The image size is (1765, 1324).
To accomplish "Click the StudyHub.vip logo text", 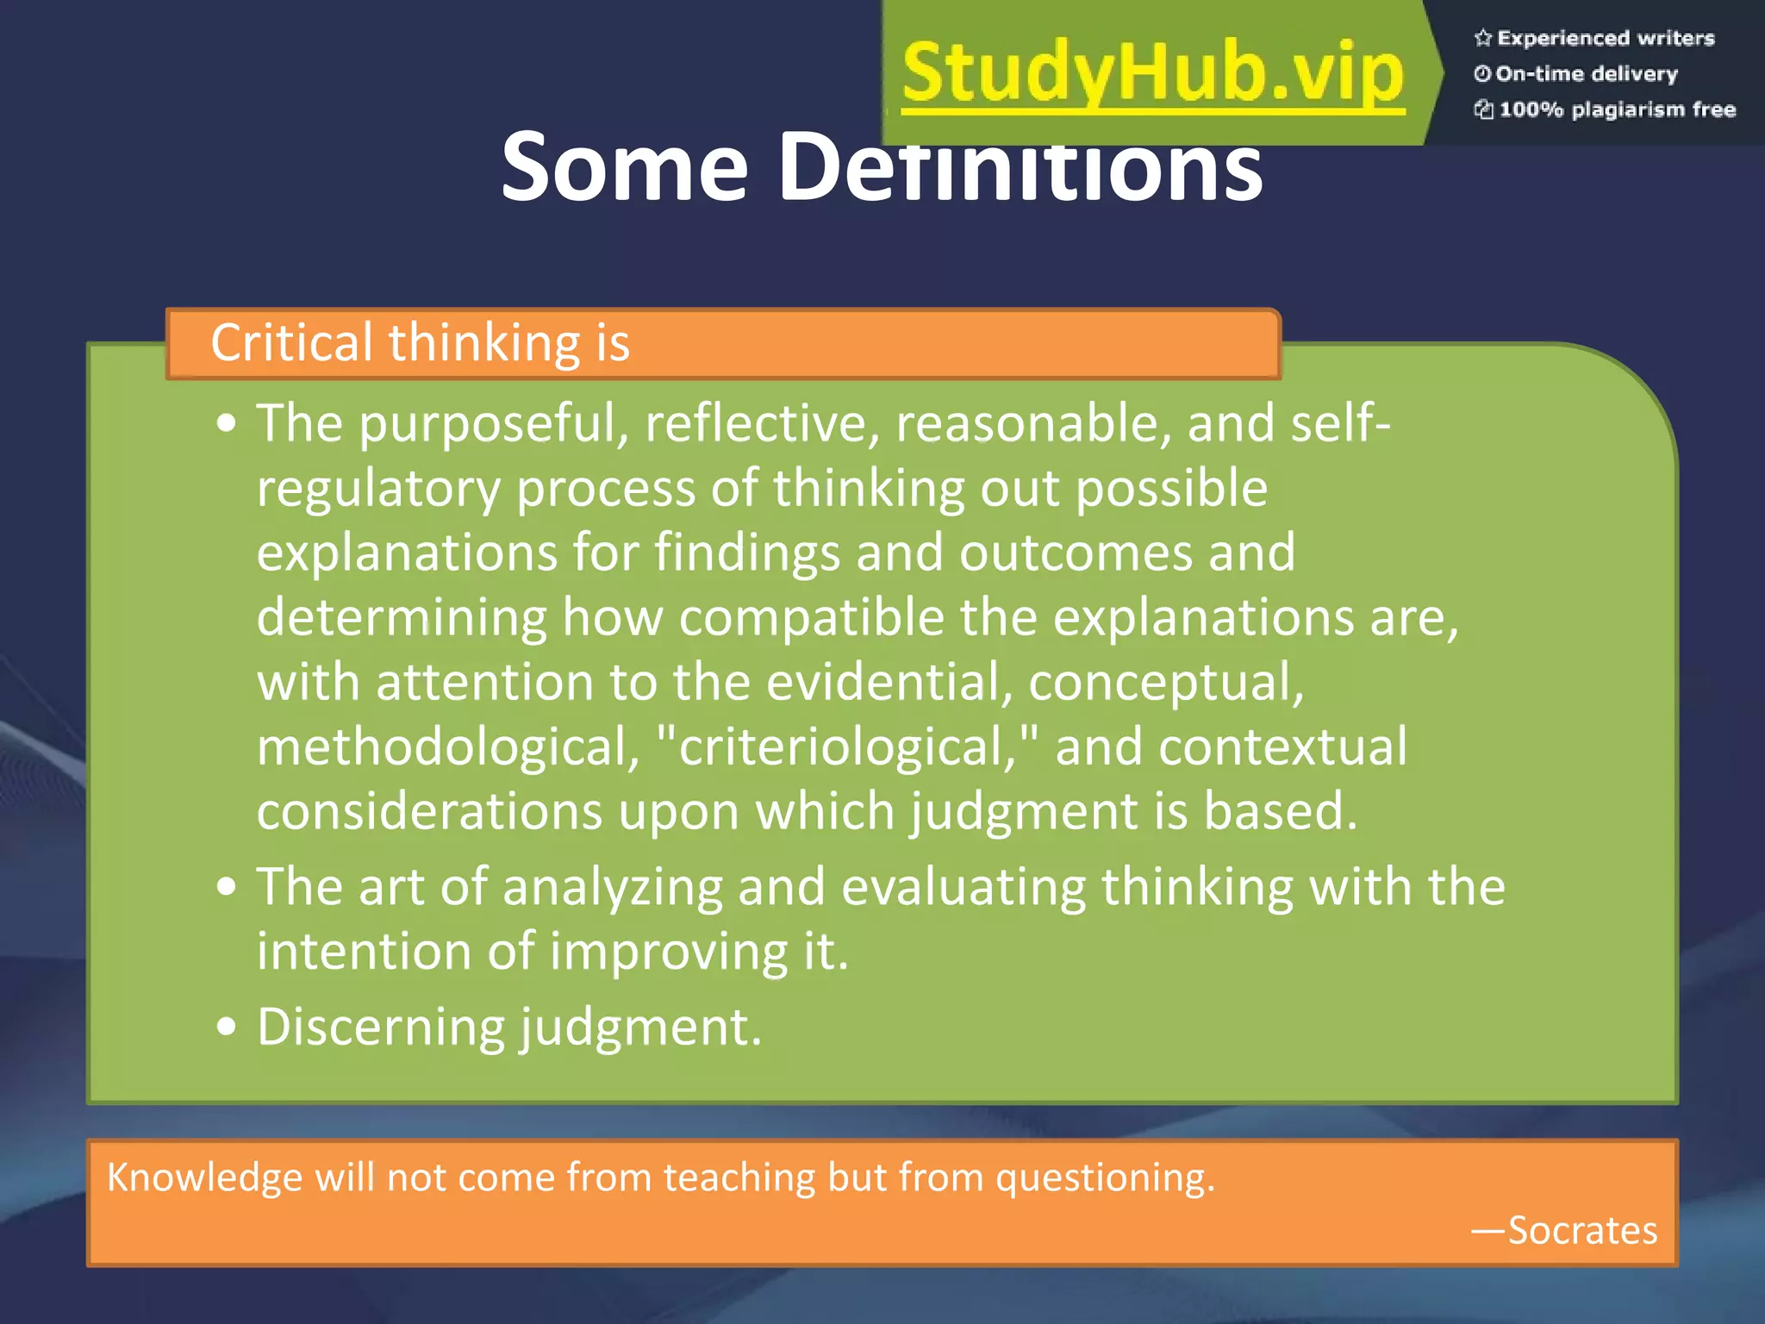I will click(x=1153, y=73).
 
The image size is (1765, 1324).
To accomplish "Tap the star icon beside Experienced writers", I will click(x=1482, y=38).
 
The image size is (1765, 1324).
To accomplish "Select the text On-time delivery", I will click(x=1586, y=74).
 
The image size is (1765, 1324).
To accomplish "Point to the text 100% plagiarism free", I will click(x=1617, y=109).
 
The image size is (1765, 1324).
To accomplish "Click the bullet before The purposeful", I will click(x=227, y=424).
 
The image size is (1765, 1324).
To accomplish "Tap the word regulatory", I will click(x=378, y=489).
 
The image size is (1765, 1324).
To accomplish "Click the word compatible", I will click(x=811, y=618).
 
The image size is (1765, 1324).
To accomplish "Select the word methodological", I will click(x=447, y=746).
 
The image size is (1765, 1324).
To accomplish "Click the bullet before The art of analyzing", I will click(x=227, y=887).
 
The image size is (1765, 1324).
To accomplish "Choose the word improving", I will click(x=668, y=952).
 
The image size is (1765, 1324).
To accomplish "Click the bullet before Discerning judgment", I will click(x=227, y=1027).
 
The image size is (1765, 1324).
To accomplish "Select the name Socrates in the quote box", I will click(x=1581, y=1230).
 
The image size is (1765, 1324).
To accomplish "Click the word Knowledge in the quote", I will click(x=204, y=1177).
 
